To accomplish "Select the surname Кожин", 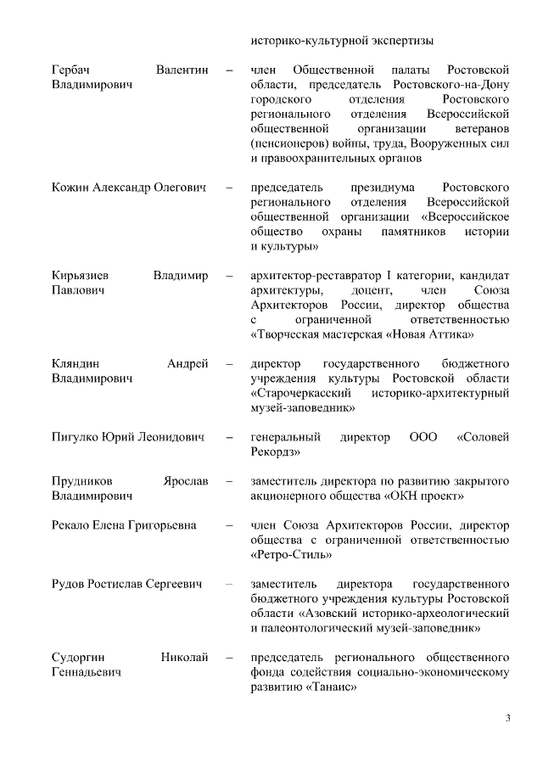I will tap(71, 186).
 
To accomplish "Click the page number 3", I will tap(507, 720).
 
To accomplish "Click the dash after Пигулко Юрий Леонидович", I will tap(229, 437).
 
